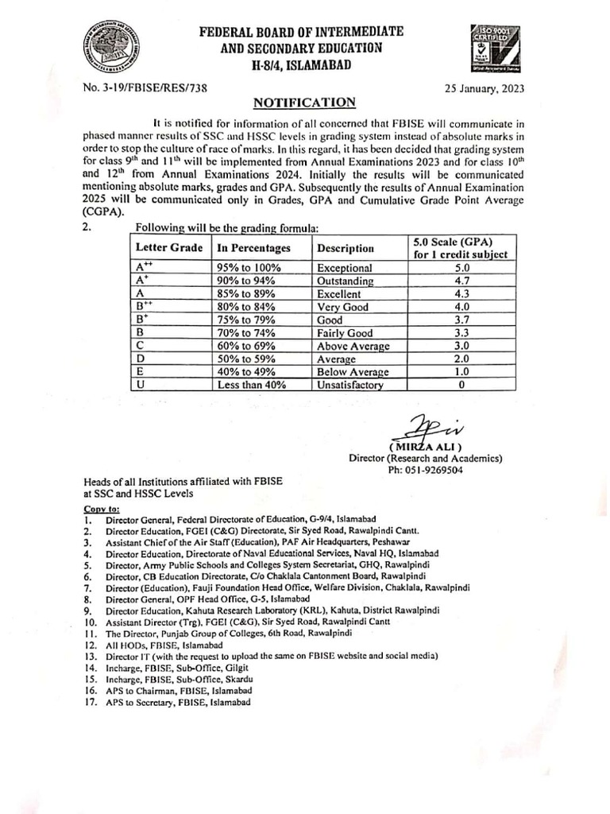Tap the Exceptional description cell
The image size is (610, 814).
[344, 269]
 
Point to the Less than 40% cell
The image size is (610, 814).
[252, 385]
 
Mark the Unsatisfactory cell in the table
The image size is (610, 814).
[350, 385]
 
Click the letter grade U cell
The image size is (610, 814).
[140, 385]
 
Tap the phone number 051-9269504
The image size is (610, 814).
[426, 470]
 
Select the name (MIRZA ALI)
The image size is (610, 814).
[426, 447]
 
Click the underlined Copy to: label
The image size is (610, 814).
[102, 508]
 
